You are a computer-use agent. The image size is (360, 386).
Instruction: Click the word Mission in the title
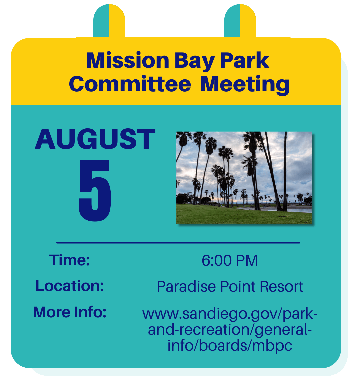[x=128, y=60]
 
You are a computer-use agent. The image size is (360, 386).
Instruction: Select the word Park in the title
[x=244, y=60]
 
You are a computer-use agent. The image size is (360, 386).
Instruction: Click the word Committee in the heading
[x=130, y=84]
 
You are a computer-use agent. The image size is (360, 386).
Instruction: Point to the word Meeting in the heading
[x=245, y=85]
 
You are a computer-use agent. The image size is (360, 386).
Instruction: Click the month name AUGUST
[x=95, y=139]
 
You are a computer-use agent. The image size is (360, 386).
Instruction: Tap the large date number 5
[x=95, y=190]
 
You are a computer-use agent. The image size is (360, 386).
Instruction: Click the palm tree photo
[x=244, y=177]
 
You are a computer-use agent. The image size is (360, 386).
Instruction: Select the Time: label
[x=70, y=260]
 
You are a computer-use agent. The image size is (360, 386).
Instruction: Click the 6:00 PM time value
[x=229, y=260]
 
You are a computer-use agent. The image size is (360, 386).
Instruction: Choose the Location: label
[x=70, y=286]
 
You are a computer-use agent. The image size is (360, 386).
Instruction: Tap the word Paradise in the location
[x=186, y=287]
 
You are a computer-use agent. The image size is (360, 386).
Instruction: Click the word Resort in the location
[x=281, y=287]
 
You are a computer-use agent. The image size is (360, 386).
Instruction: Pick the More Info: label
[x=70, y=312]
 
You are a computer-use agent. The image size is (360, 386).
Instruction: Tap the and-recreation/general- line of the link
[x=230, y=330]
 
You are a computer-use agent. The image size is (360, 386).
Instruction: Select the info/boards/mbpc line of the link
[x=230, y=345]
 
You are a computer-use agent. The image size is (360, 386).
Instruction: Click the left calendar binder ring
[x=109, y=21]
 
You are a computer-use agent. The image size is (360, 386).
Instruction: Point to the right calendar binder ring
[x=240, y=21]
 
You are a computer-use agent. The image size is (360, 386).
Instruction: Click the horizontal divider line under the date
[x=178, y=243]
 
